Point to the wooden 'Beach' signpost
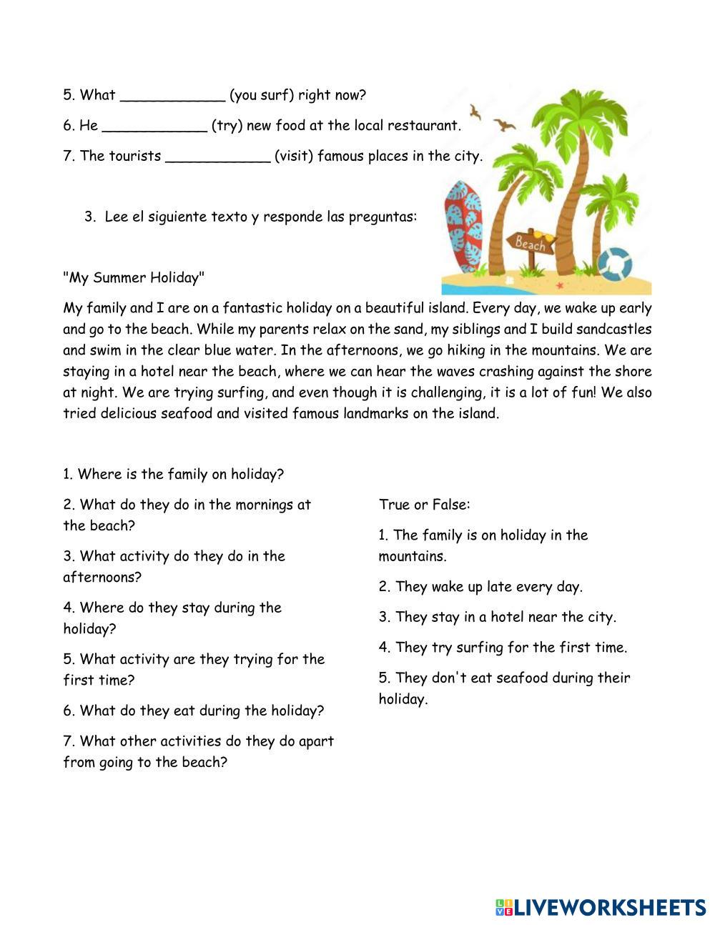(530, 243)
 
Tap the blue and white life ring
(614, 264)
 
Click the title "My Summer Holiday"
(134, 277)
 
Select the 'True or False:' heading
(424, 505)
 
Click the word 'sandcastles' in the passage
(613, 330)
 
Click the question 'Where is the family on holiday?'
(173, 474)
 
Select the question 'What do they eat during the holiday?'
(193, 711)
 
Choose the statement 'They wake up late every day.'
(480, 587)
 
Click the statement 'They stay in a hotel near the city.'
(497, 617)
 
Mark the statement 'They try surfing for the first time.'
(503, 648)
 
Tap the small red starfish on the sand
(559, 286)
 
